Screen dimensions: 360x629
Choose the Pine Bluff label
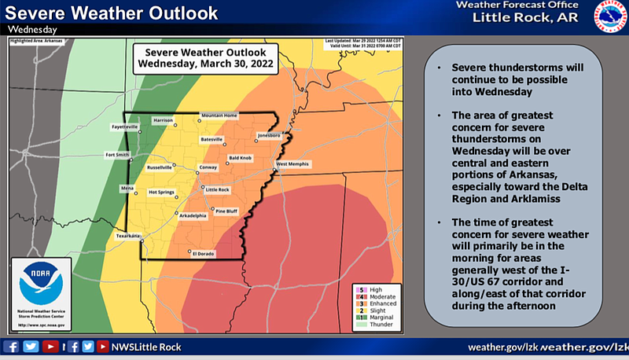click(x=226, y=211)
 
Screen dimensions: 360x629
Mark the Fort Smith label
click(x=117, y=155)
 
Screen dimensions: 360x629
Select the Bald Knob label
click(x=240, y=158)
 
